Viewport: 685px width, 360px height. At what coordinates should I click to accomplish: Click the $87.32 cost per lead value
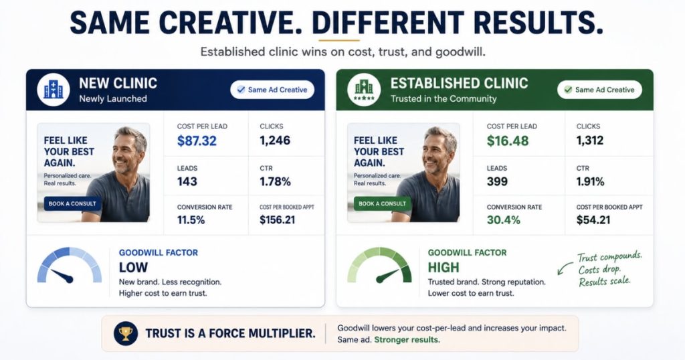pyautogui.click(x=197, y=141)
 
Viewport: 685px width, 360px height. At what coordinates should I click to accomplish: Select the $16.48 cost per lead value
pyautogui.click(x=508, y=141)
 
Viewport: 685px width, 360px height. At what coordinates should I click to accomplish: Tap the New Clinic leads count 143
pyautogui.click(x=187, y=181)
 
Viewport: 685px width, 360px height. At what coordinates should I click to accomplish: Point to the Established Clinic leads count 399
pyautogui.click(x=497, y=181)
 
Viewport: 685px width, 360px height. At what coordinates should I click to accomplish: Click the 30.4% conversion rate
pyautogui.click(x=503, y=219)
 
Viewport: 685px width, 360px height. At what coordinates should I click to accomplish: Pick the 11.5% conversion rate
pyautogui.click(x=191, y=219)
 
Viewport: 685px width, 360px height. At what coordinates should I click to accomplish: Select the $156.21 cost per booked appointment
pyautogui.click(x=278, y=219)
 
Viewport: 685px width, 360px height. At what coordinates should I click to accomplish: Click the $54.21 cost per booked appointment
pyautogui.click(x=593, y=219)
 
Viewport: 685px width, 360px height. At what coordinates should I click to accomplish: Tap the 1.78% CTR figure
pyautogui.click(x=275, y=181)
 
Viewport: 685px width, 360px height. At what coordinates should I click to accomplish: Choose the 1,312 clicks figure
pyautogui.click(x=590, y=141)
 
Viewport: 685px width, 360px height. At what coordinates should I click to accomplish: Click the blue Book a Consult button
pyautogui.click(x=72, y=203)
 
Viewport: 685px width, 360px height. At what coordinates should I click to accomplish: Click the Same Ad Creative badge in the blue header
pyautogui.click(x=272, y=90)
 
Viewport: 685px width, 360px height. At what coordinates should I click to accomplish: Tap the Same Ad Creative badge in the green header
pyautogui.click(x=599, y=90)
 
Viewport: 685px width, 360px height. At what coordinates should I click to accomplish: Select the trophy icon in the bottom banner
pyautogui.click(x=125, y=334)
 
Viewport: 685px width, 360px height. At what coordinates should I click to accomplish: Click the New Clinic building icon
pyautogui.click(x=54, y=90)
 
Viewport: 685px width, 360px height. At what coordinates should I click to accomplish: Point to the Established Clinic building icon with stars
pyautogui.click(x=364, y=90)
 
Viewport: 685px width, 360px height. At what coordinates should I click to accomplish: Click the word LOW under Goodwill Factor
pyautogui.click(x=133, y=268)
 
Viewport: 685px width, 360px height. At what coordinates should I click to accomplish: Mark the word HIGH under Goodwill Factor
pyautogui.click(x=444, y=268)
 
